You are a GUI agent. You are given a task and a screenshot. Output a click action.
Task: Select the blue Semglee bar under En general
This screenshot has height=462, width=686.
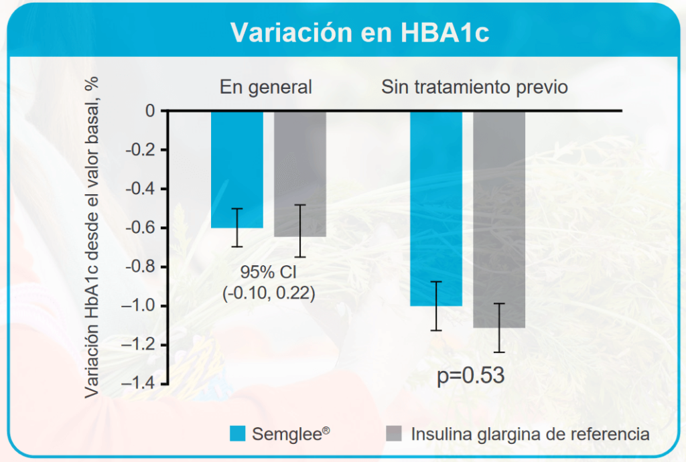point(237,167)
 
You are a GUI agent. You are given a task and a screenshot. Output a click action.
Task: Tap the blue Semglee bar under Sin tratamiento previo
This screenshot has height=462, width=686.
point(436,208)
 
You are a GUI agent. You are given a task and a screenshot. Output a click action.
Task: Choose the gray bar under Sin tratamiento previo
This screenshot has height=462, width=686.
point(499,218)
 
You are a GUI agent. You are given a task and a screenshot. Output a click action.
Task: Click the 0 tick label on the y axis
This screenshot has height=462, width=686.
point(149,110)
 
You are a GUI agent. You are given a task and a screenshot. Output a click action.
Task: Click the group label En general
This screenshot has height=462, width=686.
point(266,87)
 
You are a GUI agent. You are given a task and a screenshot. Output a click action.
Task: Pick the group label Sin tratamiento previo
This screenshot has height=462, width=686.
point(474,87)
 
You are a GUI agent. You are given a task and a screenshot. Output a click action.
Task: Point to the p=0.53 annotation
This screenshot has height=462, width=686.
point(470,376)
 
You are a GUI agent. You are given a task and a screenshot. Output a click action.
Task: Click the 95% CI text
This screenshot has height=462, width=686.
point(267,273)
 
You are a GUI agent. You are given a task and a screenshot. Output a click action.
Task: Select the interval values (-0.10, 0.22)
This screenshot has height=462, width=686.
point(268,293)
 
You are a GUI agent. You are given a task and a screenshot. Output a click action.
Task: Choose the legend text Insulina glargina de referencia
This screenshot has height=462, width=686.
point(530,434)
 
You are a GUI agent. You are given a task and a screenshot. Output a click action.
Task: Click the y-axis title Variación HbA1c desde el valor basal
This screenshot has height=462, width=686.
point(93,238)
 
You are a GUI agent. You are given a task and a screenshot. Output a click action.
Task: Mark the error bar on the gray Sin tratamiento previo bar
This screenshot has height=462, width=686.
point(500,327)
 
